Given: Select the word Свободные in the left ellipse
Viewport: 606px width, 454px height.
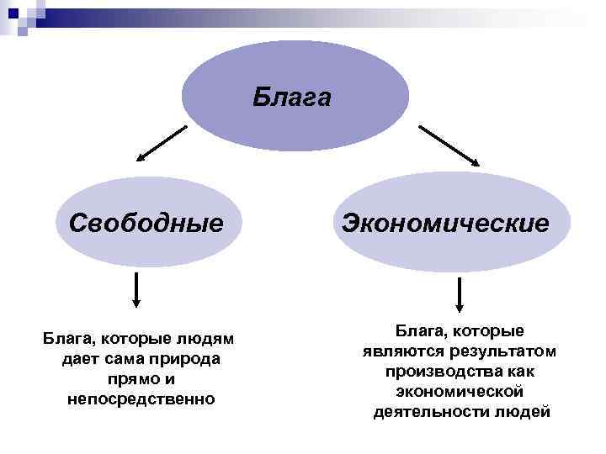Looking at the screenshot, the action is click(146, 224).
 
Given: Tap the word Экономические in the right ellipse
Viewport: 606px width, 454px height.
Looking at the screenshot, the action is click(445, 224).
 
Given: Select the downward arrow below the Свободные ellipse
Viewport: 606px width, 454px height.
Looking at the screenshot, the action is click(136, 292).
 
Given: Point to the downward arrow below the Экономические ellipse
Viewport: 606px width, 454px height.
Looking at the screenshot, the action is click(460, 295).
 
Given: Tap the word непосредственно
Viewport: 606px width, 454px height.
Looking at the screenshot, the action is click(141, 399).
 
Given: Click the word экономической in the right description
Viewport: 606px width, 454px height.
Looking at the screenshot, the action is click(460, 391).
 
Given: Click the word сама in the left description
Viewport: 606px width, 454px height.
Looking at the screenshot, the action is click(123, 359).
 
